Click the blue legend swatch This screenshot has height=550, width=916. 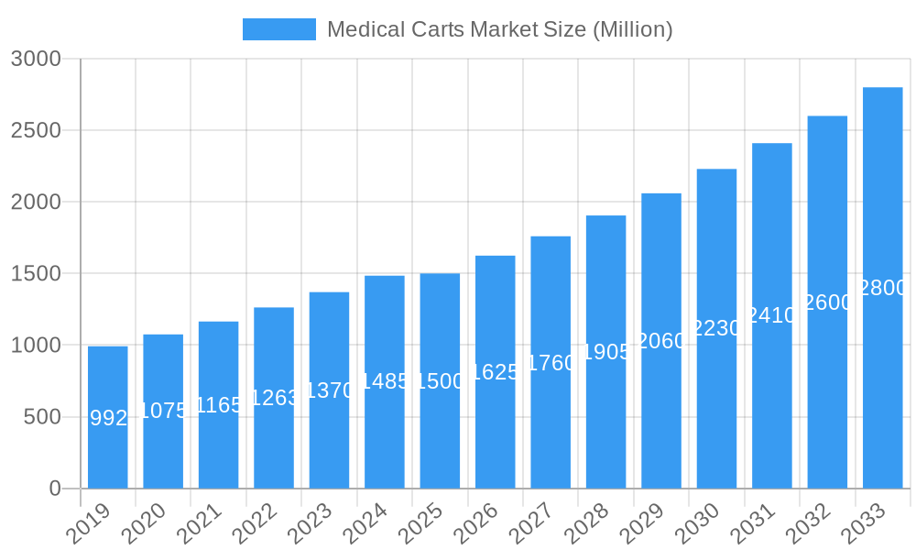point(278,29)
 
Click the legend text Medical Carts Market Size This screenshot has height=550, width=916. point(499,29)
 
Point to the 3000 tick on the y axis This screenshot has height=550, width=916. point(36,59)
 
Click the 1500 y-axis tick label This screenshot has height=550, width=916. point(36,273)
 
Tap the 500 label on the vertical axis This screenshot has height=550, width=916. point(42,417)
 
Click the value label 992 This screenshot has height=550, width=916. point(108,418)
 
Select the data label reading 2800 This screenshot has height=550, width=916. point(883,288)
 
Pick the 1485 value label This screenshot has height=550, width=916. point(385,381)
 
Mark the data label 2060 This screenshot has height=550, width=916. point(661,341)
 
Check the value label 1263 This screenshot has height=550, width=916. point(274,398)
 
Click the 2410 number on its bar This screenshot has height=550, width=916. point(771,315)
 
